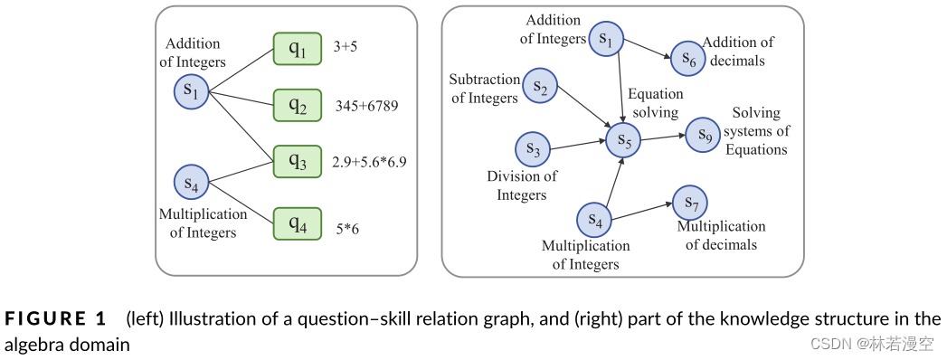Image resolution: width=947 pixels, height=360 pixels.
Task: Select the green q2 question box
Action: point(298,106)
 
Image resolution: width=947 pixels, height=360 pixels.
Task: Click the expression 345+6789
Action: point(366,107)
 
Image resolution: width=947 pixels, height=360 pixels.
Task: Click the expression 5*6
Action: point(346,230)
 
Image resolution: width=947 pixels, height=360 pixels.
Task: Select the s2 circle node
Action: point(540,87)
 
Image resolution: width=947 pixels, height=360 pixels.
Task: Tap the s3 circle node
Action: point(533,149)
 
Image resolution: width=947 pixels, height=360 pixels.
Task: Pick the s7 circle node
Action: point(690,202)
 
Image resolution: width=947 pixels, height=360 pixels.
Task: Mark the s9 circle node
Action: point(703,134)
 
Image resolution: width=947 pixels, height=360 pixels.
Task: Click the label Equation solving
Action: point(656,103)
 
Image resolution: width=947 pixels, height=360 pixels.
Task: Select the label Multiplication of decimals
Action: point(721,235)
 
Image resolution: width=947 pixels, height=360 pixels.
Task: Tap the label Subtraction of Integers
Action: point(484,89)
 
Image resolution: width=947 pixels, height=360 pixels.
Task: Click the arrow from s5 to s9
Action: point(663,137)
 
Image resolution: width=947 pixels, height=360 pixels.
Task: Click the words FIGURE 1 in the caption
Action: point(56,318)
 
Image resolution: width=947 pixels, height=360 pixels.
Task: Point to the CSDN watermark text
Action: point(872,344)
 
